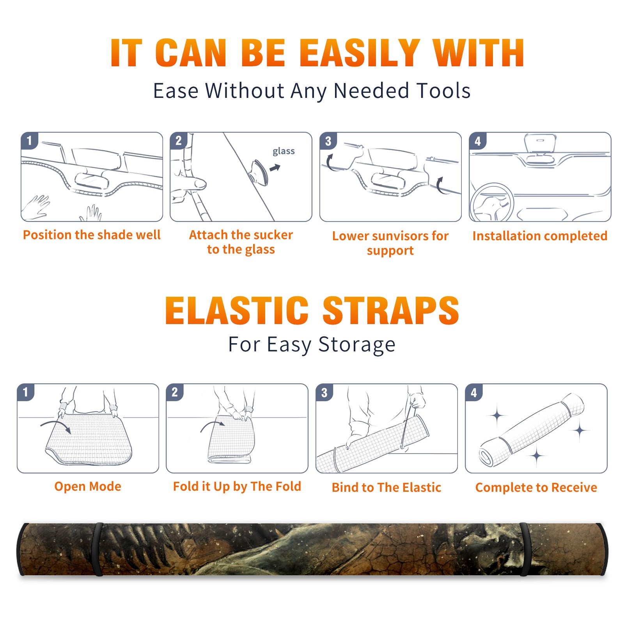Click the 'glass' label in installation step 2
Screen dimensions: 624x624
coord(284,151)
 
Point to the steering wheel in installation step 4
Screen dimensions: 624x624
coord(492,202)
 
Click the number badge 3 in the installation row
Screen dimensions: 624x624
coord(328,141)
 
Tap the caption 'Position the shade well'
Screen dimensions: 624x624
coord(92,235)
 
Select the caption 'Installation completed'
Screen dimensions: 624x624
coord(540,236)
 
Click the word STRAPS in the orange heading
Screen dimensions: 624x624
coord(391,310)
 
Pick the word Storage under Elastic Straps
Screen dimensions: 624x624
coord(357,345)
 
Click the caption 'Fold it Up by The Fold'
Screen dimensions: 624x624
coord(237,486)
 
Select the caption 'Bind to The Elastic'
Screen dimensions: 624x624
coord(386,487)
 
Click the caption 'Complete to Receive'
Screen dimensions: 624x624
coord(536,487)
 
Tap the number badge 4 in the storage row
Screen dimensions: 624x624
coord(474,392)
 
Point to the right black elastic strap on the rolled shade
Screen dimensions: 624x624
coord(525,549)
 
